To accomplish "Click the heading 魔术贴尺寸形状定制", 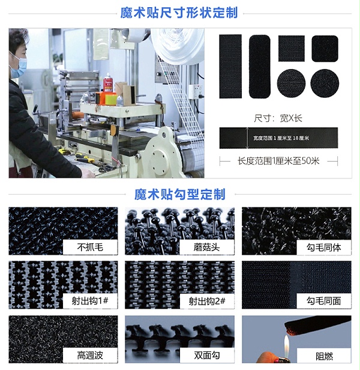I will click(179, 13).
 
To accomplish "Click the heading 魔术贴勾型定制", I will click(179, 195).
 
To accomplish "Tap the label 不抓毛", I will click(90, 247).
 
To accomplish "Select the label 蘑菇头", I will click(207, 247).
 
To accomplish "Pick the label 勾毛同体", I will click(324, 247).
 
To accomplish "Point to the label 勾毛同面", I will click(324, 301).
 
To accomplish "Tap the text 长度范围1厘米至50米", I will click(278, 161).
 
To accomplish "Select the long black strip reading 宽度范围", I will click(278, 138).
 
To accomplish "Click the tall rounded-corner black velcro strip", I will click(259, 66).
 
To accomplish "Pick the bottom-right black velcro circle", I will click(325, 83).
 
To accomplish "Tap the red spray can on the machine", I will click(109, 83).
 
